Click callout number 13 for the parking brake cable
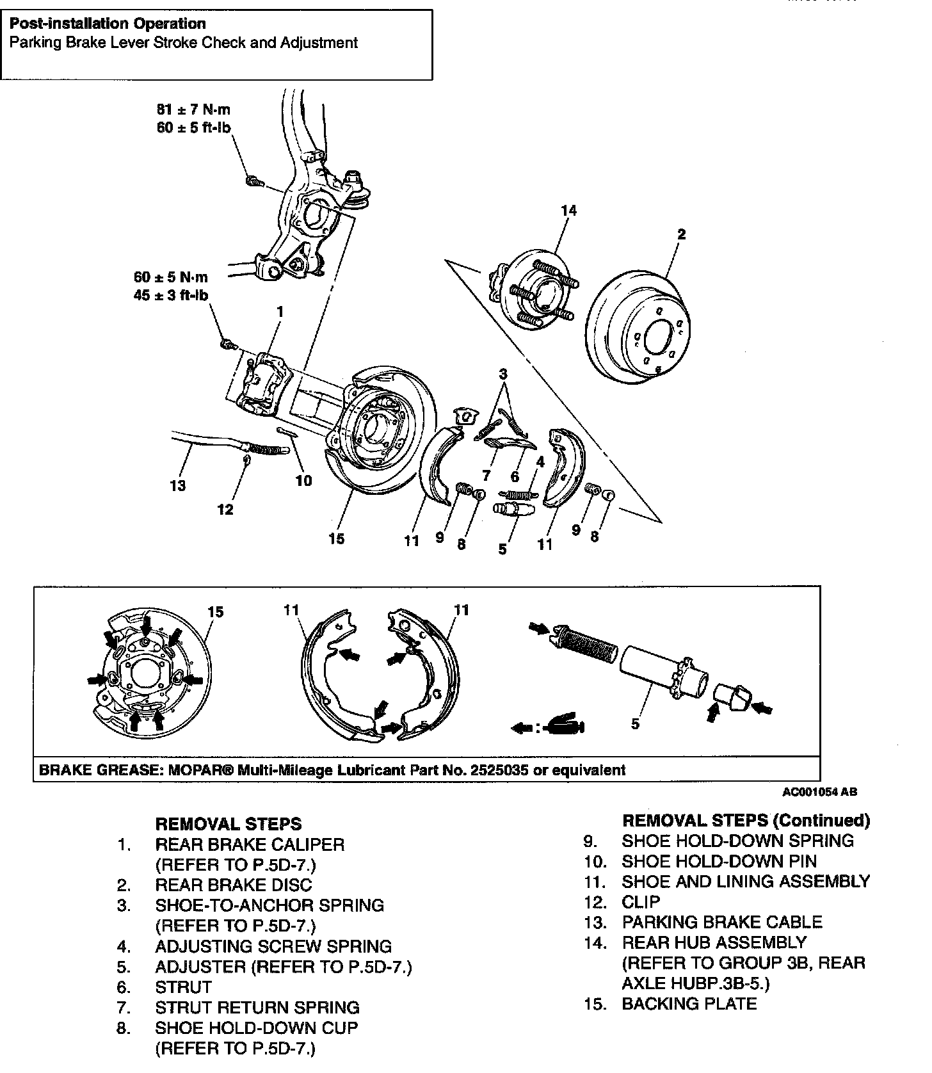(x=178, y=485)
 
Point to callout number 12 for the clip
(x=225, y=509)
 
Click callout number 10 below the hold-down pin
(x=303, y=480)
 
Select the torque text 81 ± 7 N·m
(x=193, y=109)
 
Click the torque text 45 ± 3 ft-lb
(x=172, y=296)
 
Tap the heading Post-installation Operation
(x=108, y=24)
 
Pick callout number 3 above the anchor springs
(x=503, y=373)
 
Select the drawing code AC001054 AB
(x=820, y=792)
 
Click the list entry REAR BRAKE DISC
(x=233, y=885)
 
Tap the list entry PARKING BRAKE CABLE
(x=721, y=922)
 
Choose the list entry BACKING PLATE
(x=689, y=1004)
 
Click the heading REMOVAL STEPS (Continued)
(x=746, y=820)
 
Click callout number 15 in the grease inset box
(x=216, y=612)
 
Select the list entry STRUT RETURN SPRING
(x=257, y=1008)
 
